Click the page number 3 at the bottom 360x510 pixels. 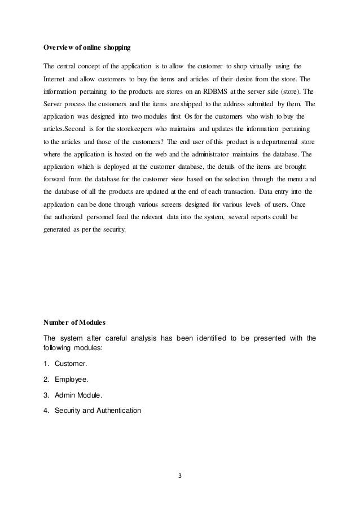180,474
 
